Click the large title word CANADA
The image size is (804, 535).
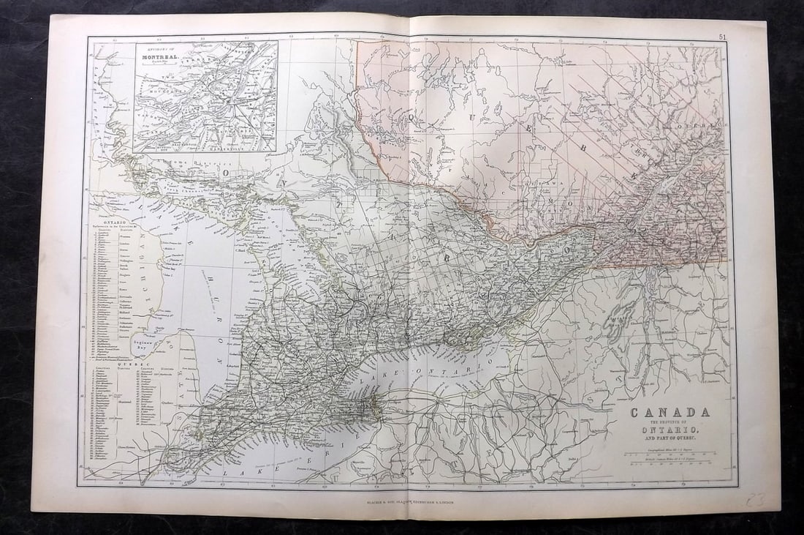point(669,412)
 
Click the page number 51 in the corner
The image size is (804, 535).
point(722,36)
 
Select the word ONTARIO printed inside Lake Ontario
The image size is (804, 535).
point(481,365)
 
